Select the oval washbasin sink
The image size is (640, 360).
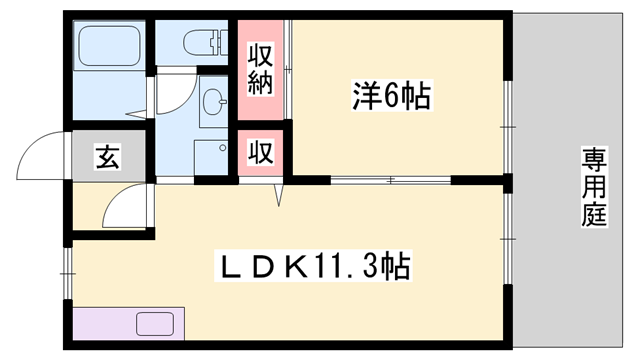tap(212, 100)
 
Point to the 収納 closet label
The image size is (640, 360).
tap(260, 68)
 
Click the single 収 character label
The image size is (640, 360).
tap(260, 153)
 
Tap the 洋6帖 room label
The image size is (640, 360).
tap(391, 97)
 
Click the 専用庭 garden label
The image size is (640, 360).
tap(595, 187)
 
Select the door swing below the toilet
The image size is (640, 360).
tap(170, 95)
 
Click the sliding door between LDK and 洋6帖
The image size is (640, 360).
tap(390, 180)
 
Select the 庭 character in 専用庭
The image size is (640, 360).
tap(595, 213)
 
